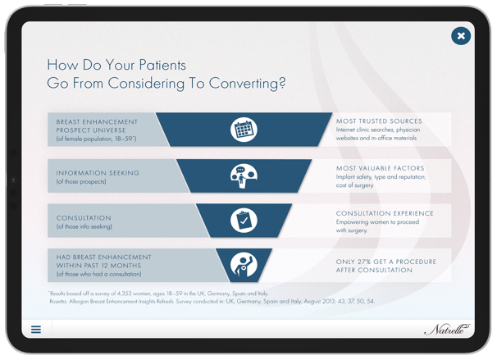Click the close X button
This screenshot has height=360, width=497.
pyautogui.click(x=461, y=36)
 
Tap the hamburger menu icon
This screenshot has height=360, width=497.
pyautogui.click(x=36, y=330)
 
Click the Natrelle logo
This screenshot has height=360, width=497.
pyautogui.click(x=447, y=329)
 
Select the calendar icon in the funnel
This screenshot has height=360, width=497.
pyautogui.click(x=244, y=129)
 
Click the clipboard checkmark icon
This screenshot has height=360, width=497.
pyautogui.click(x=244, y=220)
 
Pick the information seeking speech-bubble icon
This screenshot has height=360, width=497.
pyautogui.click(x=244, y=175)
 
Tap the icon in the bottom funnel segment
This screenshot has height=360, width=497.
pyautogui.click(x=244, y=264)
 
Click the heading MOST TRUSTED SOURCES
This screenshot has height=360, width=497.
pyautogui.click(x=379, y=121)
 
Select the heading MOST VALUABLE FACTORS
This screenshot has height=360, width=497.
pyautogui.click(x=381, y=168)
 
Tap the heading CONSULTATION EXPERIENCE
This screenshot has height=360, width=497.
pyautogui.click(x=385, y=213)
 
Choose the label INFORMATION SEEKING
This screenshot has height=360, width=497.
pyautogui.click(x=98, y=173)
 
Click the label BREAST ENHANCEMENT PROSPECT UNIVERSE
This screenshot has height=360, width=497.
pyautogui.click(x=97, y=125)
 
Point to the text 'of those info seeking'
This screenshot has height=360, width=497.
pyautogui.click(x=84, y=226)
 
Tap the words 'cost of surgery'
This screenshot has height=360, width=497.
pyautogui.click(x=354, y=185)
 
